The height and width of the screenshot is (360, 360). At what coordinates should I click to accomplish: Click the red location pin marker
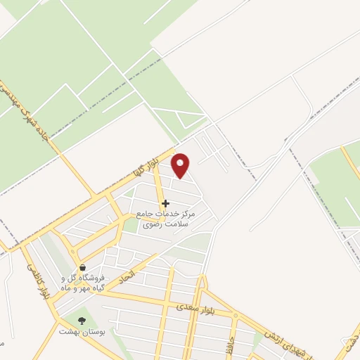pyautogui.click(x=181, y=165)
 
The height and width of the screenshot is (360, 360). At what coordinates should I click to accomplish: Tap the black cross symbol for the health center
pyautogui.click(x=165, y=203)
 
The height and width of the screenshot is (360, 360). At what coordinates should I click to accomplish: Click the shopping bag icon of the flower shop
pyautogui.click(x=84, y=267)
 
